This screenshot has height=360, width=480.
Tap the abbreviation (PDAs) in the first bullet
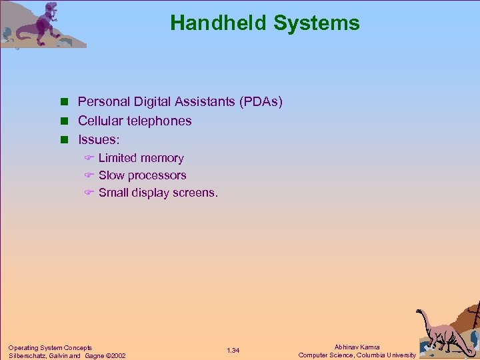(260, 102)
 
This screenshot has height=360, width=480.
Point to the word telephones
(159, 121)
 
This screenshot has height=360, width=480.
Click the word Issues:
(99, 140)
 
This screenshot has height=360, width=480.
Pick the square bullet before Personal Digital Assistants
(65, 103)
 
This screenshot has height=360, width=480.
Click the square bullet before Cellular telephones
(65, 121)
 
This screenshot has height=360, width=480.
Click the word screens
(196, 193)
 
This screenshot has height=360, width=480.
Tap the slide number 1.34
(233, 351)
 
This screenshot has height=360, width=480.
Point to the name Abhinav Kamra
(357, 347)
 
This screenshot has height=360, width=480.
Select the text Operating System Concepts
(50, 347)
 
